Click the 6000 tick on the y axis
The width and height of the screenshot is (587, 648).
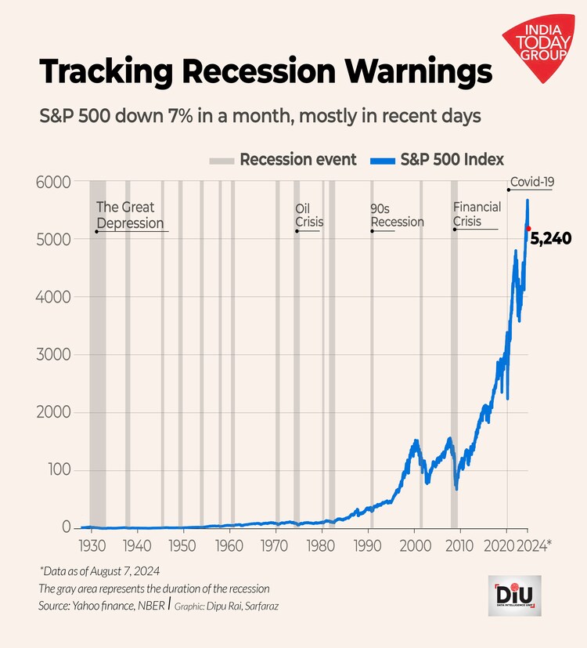55,182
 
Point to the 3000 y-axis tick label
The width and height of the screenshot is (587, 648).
55,355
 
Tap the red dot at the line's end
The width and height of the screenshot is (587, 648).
528,228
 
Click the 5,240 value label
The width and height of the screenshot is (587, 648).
553,238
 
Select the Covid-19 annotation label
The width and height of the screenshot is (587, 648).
532,183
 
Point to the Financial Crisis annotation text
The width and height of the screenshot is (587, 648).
477,215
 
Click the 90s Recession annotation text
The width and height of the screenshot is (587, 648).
397,215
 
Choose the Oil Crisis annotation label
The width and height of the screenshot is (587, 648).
309,215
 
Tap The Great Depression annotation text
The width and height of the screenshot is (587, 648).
130,215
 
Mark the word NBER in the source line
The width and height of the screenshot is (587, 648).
146,606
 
